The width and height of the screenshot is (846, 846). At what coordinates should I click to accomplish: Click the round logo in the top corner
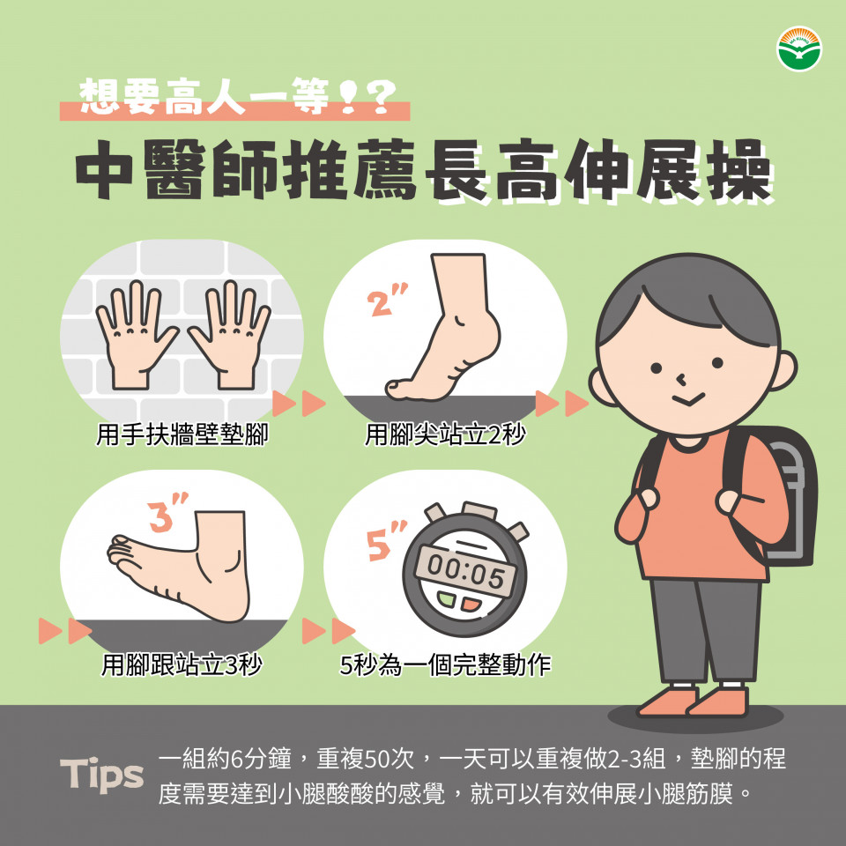point(799,48)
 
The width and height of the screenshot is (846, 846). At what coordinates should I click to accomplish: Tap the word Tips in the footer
point(102,775)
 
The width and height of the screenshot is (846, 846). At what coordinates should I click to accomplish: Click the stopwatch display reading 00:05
point(465,570)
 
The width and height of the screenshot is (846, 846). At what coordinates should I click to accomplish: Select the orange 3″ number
point(167,511)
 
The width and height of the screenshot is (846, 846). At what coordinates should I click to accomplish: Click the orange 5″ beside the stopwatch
point(387,540)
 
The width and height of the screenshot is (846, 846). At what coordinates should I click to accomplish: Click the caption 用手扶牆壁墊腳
point(182,434)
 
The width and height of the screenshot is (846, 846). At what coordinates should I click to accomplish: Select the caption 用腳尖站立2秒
point(445,434)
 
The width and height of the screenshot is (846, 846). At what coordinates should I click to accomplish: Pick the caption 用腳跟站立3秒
point(182,664)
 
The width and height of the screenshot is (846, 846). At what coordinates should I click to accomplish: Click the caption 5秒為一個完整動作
point(445,664)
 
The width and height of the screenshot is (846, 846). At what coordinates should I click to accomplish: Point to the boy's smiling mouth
point(688,400)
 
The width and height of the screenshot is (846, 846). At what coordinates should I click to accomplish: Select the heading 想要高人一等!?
point(237,98)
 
